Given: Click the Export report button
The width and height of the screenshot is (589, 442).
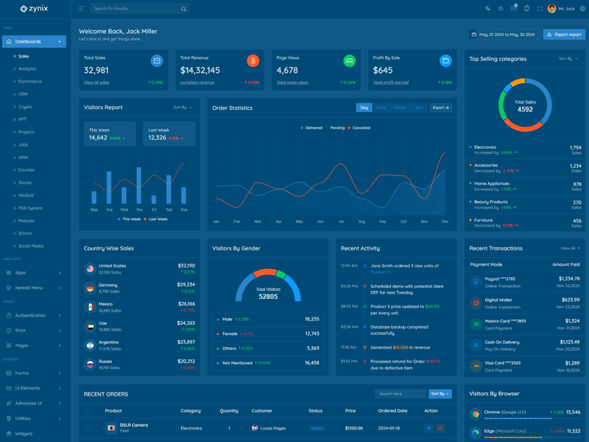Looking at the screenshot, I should coord(563,35).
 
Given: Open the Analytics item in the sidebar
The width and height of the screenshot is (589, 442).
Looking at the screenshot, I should coord(27,69).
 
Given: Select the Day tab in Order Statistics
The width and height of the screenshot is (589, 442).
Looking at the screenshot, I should coord(364,108).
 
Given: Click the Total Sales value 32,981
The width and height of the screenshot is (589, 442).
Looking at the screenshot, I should coord(96,70).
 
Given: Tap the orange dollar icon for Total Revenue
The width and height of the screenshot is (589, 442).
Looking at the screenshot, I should coord(253,61).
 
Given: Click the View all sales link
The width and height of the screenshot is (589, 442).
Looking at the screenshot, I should coord(96,83).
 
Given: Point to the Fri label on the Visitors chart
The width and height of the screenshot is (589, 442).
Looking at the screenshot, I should coord(154,210).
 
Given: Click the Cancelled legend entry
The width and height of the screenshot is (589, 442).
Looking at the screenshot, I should coord(359,128).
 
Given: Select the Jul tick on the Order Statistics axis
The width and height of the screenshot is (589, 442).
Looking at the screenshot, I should coord(341,222).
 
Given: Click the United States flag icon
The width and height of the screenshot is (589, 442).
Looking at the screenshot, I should coord(90,269).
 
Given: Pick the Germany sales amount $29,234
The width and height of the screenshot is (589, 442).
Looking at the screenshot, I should coord(186,284).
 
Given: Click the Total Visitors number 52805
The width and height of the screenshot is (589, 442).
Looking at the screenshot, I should coord(268,297).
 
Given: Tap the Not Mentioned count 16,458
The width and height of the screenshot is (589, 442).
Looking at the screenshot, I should coord(312,362).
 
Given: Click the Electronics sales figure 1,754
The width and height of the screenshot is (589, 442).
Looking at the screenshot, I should coord(575,147).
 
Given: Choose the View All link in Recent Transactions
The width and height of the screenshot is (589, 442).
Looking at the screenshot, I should coord(569,248).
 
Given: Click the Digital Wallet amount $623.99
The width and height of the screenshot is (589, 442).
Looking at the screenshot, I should coord(570,300).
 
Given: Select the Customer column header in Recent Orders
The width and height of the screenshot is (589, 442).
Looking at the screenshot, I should coord(262,411).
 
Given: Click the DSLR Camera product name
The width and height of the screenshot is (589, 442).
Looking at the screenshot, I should coord(134,425).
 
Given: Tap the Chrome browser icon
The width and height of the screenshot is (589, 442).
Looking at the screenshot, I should coord(476,414).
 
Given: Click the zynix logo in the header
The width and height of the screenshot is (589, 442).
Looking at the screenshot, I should coord(34,9).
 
